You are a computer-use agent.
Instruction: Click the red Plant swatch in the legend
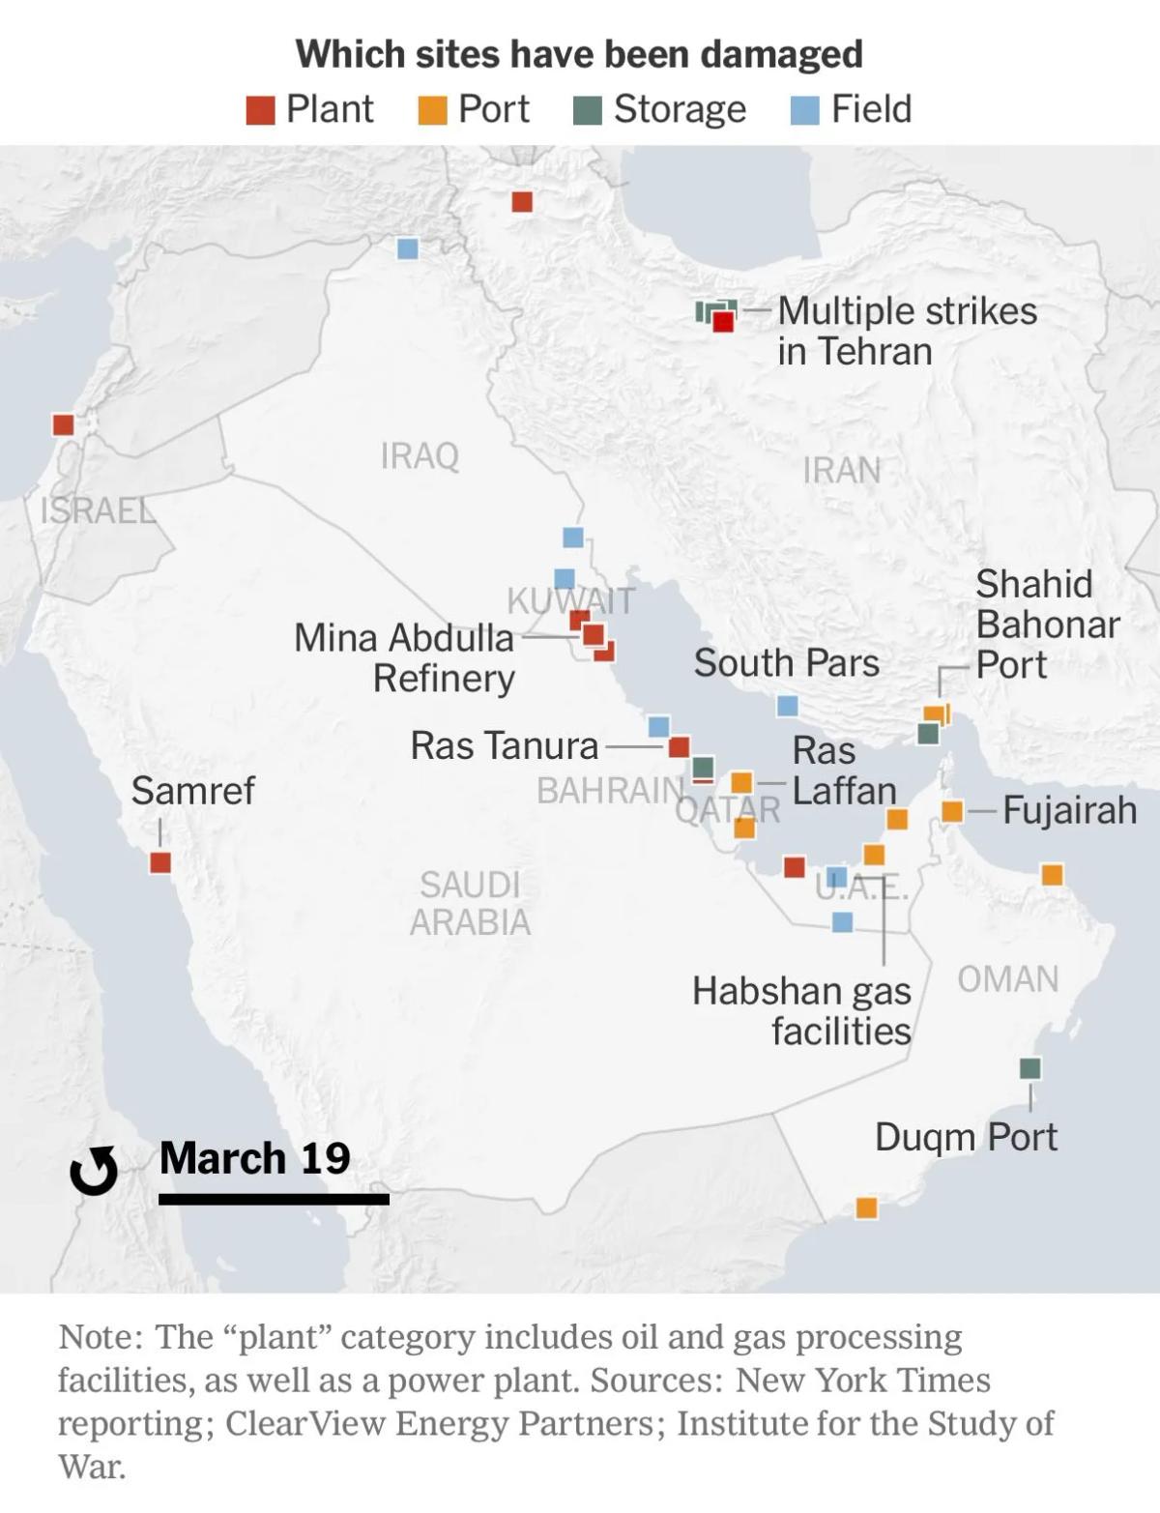pyautogui.click(x=260, y=110)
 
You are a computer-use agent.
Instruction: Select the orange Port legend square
pyautogui.click(x=432, y=110)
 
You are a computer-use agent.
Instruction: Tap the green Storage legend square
pyautogui.click(x=588, y=110)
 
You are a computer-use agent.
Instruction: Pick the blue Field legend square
pyautogui.click(x=805, y=110)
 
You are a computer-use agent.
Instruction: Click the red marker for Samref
pyautogui.click(x=160, y=862)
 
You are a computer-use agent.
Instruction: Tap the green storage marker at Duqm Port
pyautogui.click(x=1030, y=1068)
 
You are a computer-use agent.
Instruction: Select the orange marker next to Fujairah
pyautogui.click(x=952, y=811)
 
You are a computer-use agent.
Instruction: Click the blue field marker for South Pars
pyautogui.click(x=788, y=706)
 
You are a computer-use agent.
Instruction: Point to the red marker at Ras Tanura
pyautogui.click(x=680, y=746)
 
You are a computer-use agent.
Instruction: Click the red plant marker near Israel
pyautogui.click(x=64, y=424)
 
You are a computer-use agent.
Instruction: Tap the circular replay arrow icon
pyautogui.click(x=94, y=1171)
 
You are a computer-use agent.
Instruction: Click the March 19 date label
pyautogui.click(x=255, y=1157)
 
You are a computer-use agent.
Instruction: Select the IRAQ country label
pyautogui.click(x=420, y=455)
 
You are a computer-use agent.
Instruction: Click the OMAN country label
pyautogui.click(x=1008, y=979)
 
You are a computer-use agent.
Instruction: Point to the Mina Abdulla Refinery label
pyautogui.click(x=405, y=657)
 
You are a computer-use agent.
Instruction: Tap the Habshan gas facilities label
pyautogui.click(x=802, y=1010)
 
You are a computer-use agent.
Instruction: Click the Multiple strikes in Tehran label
pyautogui.click(x=907, y=331)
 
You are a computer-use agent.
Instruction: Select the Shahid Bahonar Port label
pyautogui.click(x=1047, y=625)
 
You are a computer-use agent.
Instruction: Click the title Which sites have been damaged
pyautogui.click(x=579, y=54)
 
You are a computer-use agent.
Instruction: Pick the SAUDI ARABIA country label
pyautogui.click(x=470, y=903)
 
